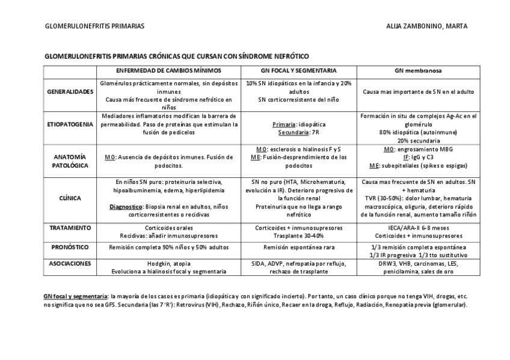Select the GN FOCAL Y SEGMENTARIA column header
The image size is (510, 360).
pyautogui.click(x=298, y=70)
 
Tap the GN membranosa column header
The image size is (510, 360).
pyautogui.click(x=419, y=70)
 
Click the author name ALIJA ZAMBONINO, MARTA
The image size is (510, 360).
pyautogui.click(x=428, y=26)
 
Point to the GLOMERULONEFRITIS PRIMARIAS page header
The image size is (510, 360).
pyautogui.click(x=94, y=26)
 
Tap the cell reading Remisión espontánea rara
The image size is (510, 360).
pyautogui.click(x=298, y=247)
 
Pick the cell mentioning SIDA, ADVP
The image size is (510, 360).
pyautogui.click(x=298, y=267)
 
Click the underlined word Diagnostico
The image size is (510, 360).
pyautogui.click(x=129, y=206)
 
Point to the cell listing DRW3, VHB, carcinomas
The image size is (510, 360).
pyautogui.click(x=419, y=267)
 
